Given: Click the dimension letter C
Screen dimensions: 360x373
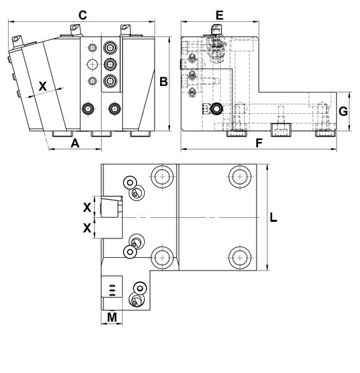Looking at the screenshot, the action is [83, 15].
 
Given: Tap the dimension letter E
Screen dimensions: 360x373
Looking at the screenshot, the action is [219, 15].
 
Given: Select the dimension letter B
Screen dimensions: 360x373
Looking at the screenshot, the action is [163, 81].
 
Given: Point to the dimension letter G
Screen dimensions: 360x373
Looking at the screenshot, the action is [343, 111].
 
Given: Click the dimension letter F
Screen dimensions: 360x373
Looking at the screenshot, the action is [259, 143].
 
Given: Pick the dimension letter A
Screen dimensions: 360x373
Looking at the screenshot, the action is [75, 143].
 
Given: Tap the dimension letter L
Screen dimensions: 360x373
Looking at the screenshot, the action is [273, 217].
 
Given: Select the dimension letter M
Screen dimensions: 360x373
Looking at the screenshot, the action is [112, 317].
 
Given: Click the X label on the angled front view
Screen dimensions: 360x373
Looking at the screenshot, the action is [43, 87].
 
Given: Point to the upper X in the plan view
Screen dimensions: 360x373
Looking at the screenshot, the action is [87, 207].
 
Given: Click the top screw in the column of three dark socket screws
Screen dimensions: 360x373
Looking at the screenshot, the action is [110, 48].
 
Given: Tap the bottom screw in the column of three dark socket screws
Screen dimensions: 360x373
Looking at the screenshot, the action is [110, 81].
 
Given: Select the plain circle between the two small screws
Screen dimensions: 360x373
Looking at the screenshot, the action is [93, 64].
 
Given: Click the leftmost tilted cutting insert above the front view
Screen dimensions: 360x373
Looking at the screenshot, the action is [17, 41].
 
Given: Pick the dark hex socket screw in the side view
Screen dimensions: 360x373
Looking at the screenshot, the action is [217, 109].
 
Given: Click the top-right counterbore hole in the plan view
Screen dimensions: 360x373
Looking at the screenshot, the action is [240, 177].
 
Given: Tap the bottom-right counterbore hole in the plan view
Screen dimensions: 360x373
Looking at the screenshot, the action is [240, 257].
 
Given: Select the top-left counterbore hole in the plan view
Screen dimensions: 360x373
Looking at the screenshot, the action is [162, 177].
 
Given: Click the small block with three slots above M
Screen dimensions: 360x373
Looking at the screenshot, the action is [112, 286].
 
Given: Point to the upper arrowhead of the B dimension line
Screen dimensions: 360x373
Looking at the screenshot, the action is [169, 39].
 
